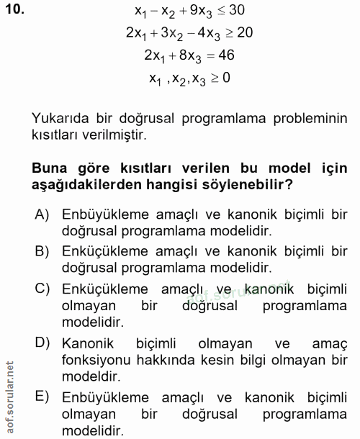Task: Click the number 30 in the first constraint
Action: (x=237, y=12)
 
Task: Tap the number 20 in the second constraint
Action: (x=243, y=33)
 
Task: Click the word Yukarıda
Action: (x=62, y=117)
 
